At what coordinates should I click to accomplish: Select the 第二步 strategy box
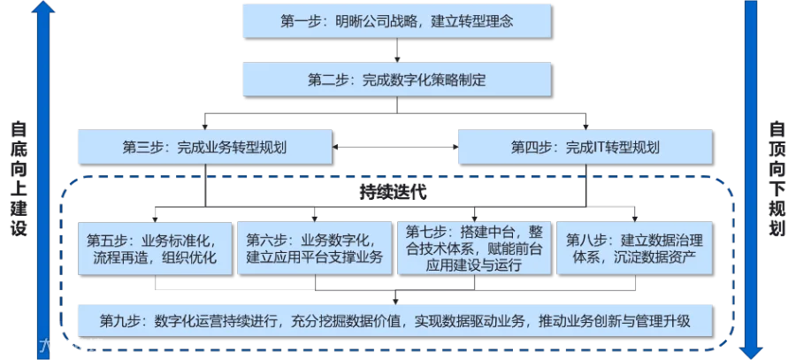[x=397, y=80]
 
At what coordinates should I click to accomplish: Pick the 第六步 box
[x=315, y=249]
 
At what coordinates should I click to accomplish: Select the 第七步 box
[x=473, y=248]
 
